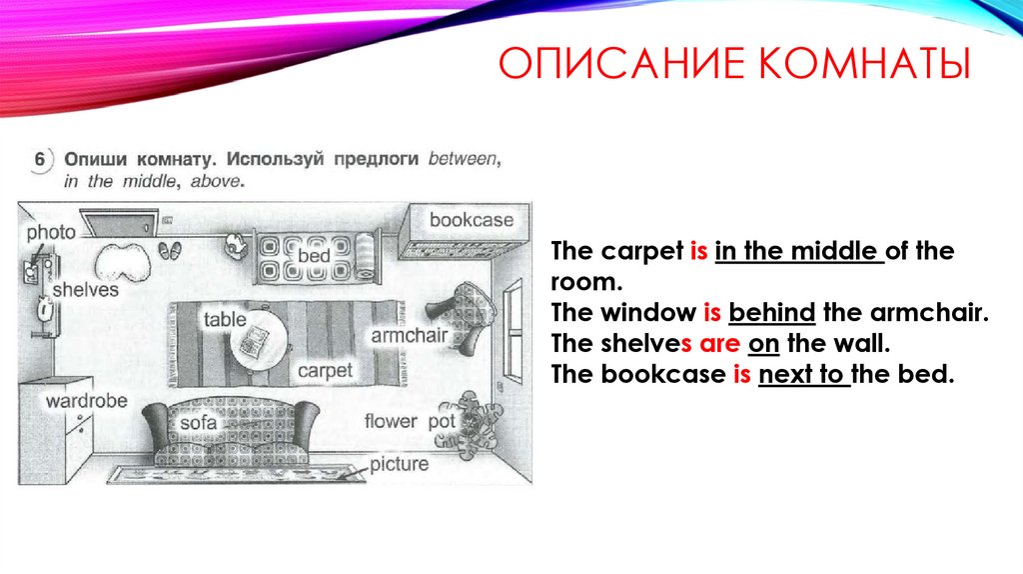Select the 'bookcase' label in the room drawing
pyautogui.click(x=471, y=220)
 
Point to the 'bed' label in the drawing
pyautogui.click(x=314, y=256)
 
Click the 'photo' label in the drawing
pyautogui.click(x=51, y=232)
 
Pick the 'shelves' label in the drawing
pyautogui.click(x=85, y=289)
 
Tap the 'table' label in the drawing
pyautogui.click(x=225, y=320)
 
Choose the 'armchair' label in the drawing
pyautogui.click(x=409, y=335)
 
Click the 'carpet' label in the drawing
pyautogui.click(x=325, y=370)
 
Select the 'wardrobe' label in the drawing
pyautogui.click(x=86, y=400)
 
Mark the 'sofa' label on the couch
pyautogui.click(x=198, y=423)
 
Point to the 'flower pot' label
pyautogui.click(x=410, y=421)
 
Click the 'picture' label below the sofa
pyautogui.click(x=399, y=464)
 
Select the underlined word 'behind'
pyautogui.click(x=773, y=313)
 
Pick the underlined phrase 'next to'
pyautogui.click(x=803, y=376)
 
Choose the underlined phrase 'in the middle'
pyautogui.click(x=799, y=251)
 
